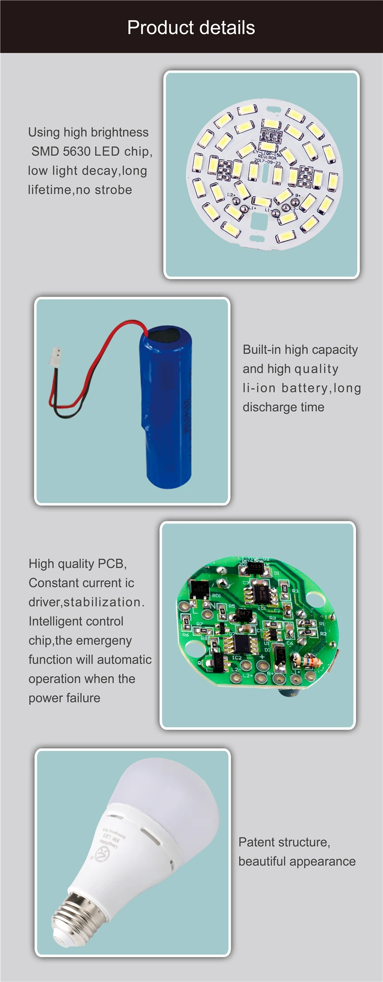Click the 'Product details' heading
[x=191, y=28]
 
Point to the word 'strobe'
[x=113, y=190]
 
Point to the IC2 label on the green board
[x=237, y=658]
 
